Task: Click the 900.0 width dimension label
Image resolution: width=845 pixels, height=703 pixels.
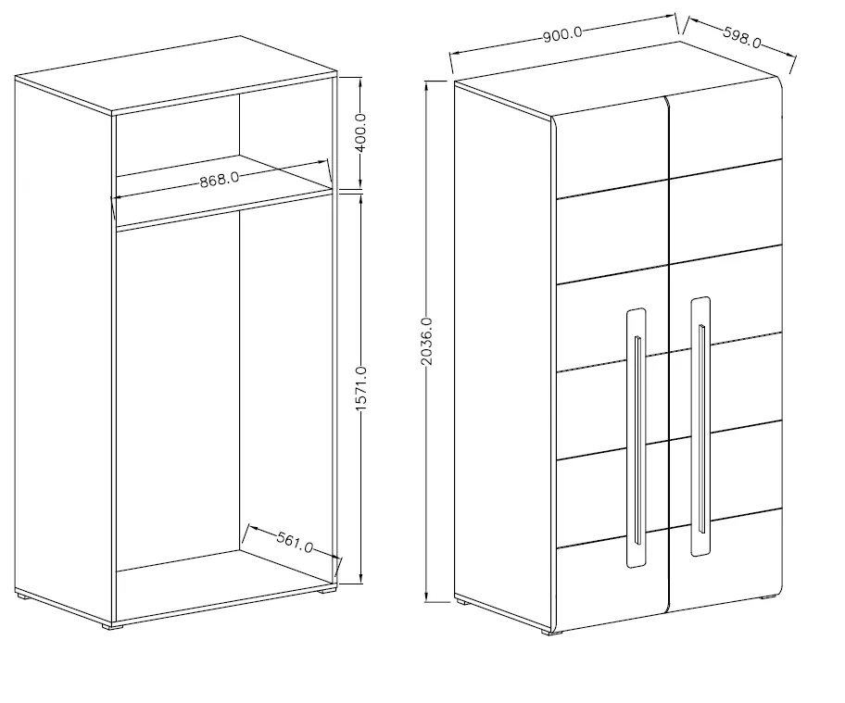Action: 562,34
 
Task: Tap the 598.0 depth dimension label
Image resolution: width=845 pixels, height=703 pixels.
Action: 741,38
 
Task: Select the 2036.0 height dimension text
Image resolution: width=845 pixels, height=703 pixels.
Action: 426,341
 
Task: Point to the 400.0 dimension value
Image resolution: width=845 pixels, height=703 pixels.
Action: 360,132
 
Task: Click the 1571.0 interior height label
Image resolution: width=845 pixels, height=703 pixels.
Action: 361,388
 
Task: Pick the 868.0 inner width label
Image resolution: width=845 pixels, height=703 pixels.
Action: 220,180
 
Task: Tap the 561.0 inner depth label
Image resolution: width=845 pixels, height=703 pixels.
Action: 295,542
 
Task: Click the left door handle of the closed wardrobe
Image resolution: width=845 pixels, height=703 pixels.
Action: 637,438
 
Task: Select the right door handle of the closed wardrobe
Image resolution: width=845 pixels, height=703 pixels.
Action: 700,426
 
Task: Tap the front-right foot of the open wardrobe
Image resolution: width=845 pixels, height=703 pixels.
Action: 325,590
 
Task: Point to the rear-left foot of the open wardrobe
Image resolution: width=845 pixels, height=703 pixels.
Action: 22,595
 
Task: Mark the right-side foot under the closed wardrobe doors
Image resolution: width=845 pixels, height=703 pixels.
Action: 767,596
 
